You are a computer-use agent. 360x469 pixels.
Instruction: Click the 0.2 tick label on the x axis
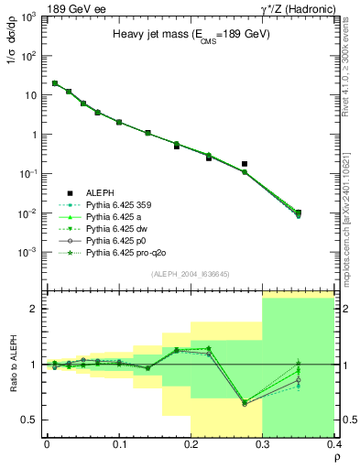tap(191, 445)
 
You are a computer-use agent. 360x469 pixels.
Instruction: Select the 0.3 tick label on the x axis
tap(263, 445)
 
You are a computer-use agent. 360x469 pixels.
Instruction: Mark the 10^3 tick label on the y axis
tap(28, 16)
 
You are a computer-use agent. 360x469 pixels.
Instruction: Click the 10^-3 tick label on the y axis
tap(27, 252)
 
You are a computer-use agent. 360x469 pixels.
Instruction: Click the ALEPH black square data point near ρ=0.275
tap(245, 164)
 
